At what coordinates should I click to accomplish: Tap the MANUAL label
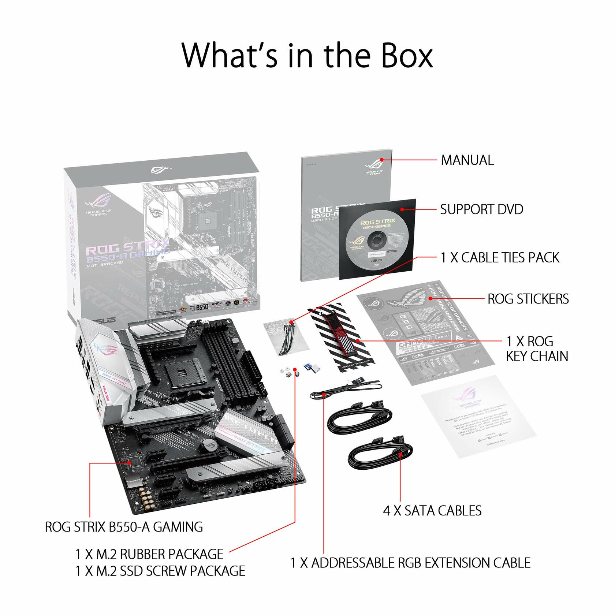(467, 160)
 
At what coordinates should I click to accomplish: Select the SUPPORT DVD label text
(481, 209)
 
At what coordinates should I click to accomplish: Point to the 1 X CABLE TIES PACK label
(500, 258)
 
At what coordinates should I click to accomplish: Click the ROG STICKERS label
(528, 299)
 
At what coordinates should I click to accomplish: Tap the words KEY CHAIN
(537, 356)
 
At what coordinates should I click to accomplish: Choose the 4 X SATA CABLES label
(432, 511)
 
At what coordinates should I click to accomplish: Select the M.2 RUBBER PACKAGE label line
(149, 554)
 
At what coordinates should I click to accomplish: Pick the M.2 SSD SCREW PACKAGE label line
(160, 571)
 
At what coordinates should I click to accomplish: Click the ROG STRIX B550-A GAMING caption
(124, 527)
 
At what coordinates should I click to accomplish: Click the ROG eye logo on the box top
(161, 170)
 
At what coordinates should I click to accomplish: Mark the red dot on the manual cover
(381, 160)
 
